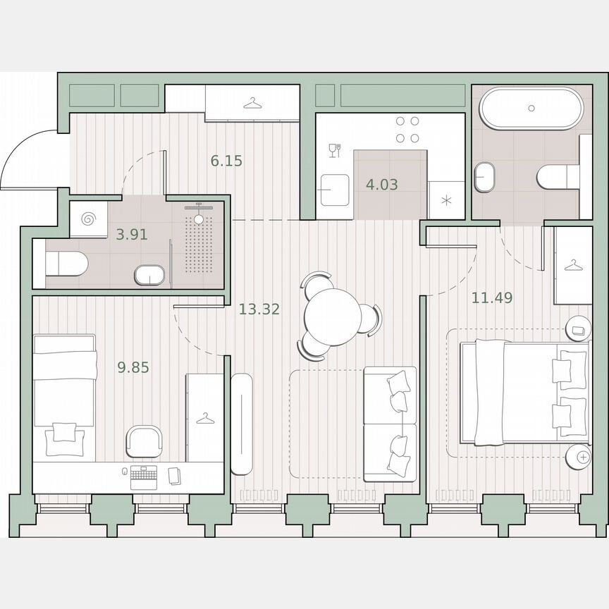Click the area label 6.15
point(226,161)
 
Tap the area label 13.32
point(259,309)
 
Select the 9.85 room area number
point(133,367)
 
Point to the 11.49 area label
point(492,297)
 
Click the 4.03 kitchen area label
point(381,185)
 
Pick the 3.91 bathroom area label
point(132,235)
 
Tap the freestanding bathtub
point(531,109)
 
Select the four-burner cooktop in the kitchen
point(407,130)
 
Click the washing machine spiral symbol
point(90,218)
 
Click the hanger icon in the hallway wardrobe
point(252,104)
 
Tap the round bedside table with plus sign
point(582,457)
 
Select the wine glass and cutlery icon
point(335,149)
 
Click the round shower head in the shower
point(198,219)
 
